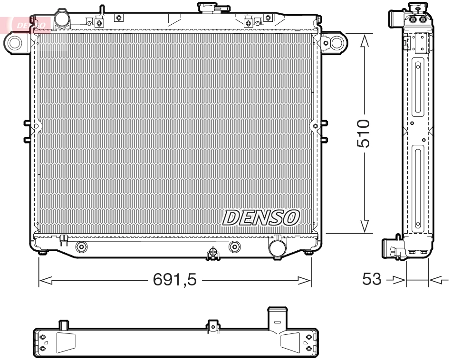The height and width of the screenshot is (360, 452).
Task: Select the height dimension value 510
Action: [x=364, y=133]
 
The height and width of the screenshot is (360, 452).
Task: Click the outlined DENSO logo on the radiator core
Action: [x=261, y=218]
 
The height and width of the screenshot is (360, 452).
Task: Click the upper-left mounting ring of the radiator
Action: [x=15, y=43]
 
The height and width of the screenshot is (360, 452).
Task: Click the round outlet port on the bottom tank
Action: [x=276, y=246]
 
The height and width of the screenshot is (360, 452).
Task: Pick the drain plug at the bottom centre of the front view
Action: [x=213, y=254]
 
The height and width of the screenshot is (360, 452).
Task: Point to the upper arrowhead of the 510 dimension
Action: [x=365, y=42]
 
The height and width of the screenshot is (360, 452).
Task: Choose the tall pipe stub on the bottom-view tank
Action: [x=278, y=318]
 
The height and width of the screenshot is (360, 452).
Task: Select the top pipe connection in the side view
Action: [x=396, y=19]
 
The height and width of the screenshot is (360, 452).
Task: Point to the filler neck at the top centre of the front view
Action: [x=209, y=7]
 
